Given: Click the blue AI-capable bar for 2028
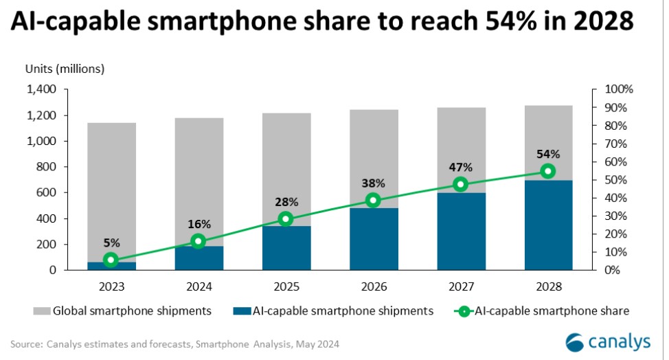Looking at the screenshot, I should [x=547, y=225].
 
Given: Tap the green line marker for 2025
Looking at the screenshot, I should [x=285, y=219].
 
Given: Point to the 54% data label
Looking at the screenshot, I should [x=547, y=154].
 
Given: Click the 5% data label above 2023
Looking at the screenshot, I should [x=111, y=243].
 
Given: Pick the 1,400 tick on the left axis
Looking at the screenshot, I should [x=41, y=90].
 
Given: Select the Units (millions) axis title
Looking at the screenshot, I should [x=65, y=68].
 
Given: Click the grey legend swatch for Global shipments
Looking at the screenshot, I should [x=41, y=311].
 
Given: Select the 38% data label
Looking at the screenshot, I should [x=373, y=183].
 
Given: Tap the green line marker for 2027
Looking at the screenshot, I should [x=460, y=184].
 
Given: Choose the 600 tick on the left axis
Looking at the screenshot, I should [x=47, y=193].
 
